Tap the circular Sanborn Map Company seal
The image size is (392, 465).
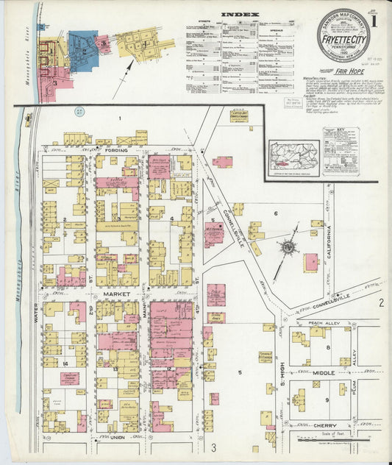(x=343, y=35)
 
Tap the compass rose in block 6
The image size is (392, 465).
(x=287, y=248)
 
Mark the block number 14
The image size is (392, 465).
(x=65, y=364)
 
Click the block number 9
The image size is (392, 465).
(x=327, y=400)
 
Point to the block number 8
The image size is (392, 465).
(x=329, y=347)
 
